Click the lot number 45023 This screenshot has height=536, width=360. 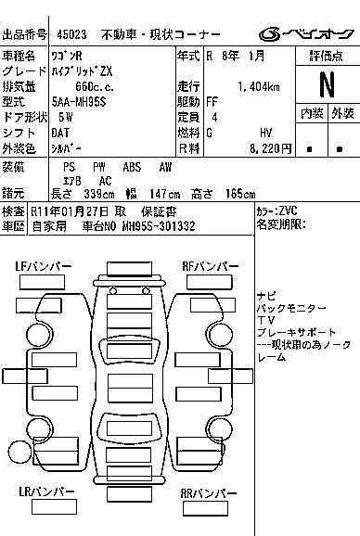tap(71, 34)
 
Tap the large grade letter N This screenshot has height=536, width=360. tap(327, 84)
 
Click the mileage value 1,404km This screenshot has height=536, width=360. tap(259, 87)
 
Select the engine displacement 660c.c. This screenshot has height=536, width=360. tap(95, 87)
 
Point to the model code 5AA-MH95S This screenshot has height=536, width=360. tap(79, 102)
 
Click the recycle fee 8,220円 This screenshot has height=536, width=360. tap(270, 148)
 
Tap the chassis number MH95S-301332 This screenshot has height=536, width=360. tap(159, 226)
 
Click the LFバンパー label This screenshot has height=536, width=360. tap(43, 266)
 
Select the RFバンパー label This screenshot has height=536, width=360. tap(211, 266)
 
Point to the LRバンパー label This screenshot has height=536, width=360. tap(46, 491)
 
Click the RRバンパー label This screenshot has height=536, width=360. tap(209, 493)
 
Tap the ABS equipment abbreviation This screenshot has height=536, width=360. tap(132, 167)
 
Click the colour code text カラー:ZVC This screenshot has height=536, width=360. tap(276, 211)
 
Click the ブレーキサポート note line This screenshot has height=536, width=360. tap(296, 332)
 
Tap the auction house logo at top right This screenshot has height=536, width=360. tap(306, 33)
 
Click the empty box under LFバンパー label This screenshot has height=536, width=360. tap(42, 282)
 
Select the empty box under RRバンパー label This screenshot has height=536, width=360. tap(205, 509)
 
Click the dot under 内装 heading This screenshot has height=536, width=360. tap(309, 149)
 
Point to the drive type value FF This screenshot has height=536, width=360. tap(212, 102)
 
